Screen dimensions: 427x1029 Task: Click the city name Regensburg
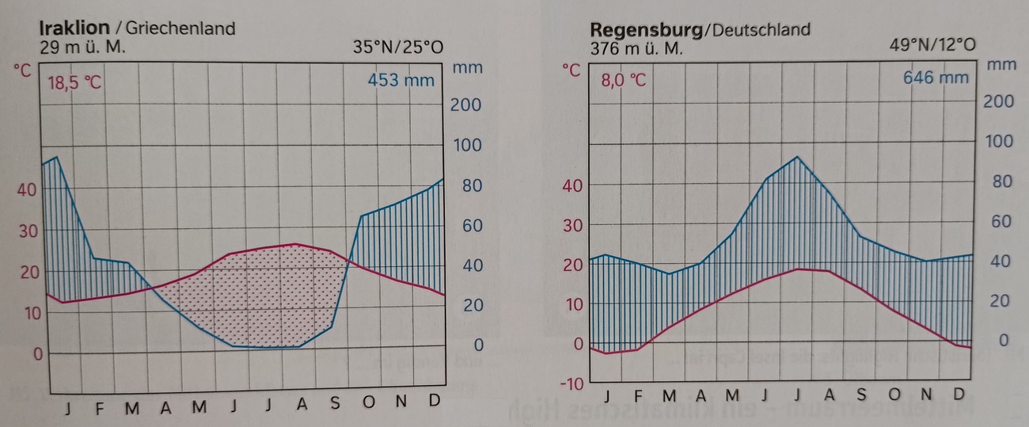coord(646,30)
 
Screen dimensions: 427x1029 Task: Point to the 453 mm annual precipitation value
coord(401,80)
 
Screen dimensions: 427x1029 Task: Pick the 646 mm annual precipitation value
coord(936,78)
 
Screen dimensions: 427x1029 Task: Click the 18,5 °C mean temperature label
coord(74,82)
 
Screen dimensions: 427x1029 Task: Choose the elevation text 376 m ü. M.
coord(637,48)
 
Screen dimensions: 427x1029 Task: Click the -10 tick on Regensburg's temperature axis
coord(571,383)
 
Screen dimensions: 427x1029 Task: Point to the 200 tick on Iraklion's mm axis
coord(465,105)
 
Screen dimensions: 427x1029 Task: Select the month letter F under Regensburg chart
coord(637,395)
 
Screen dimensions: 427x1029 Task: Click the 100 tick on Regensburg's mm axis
coord(998,142)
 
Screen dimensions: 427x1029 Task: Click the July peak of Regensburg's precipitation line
coord(797,157)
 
